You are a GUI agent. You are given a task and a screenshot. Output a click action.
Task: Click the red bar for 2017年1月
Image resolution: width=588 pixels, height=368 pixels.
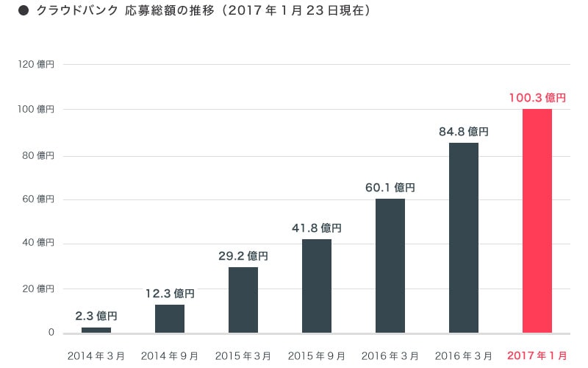click(537, 221)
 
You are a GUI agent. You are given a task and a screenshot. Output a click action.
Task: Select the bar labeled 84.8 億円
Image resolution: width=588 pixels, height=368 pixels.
click(463, 238)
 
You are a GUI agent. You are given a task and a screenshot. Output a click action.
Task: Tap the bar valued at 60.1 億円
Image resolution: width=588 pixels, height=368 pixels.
click(390, 266)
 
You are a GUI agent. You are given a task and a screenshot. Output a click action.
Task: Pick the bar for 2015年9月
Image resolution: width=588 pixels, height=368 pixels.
click(316, 286)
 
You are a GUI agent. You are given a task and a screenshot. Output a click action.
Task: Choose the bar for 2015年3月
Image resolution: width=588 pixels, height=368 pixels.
click(243, 300)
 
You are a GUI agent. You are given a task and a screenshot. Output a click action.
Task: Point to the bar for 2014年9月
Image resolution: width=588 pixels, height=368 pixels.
click(169, 319)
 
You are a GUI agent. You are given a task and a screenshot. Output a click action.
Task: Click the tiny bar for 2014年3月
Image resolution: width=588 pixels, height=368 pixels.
click(96, 330)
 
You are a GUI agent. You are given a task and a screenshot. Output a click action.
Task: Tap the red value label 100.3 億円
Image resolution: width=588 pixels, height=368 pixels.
click(537, 97)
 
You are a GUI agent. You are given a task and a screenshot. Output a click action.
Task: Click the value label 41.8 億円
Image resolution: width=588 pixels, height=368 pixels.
click(316, 227)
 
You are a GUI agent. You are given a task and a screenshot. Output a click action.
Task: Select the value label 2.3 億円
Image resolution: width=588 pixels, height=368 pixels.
click(96, 316)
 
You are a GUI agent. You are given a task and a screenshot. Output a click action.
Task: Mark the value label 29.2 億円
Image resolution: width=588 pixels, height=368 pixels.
click(243, 256)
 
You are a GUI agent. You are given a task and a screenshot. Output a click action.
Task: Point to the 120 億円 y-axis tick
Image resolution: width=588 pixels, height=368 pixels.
click(36, 64)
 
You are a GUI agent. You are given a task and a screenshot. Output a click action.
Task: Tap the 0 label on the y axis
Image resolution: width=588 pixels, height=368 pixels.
click(51, 333)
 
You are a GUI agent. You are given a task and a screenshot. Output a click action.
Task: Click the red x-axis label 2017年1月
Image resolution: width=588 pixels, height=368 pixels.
click(537, 355)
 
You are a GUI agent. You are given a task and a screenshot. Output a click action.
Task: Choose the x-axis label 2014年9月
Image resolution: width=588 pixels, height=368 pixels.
click(169, 355)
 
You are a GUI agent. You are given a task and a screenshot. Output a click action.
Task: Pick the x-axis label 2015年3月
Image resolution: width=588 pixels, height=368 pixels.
click(243, 355)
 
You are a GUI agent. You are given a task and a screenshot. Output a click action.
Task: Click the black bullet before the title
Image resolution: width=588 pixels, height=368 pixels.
click(23, 12)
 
